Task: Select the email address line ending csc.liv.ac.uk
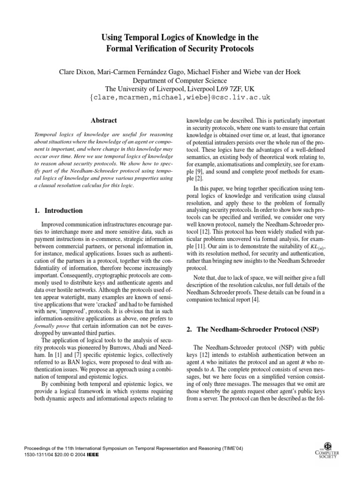point(180,97)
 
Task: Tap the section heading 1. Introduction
point(60,210)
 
